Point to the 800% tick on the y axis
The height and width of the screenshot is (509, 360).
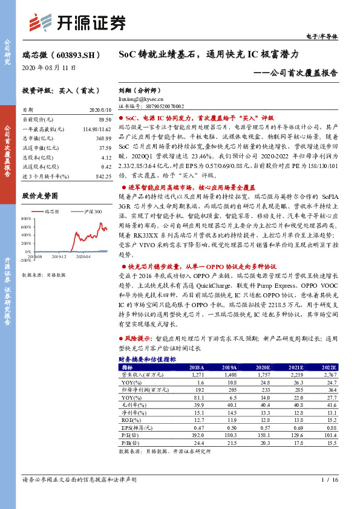pyautogui.click(x=26, y=218)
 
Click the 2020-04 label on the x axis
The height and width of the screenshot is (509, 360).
pyautogui.click(x=83, y=257)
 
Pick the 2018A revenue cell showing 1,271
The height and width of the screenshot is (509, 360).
pyautogui.click(x=197, y=375)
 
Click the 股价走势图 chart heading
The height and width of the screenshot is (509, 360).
pyautogui.click(x=40, y=196)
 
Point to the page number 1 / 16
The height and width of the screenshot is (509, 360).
pyautogui.click(x=330, y=480)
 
